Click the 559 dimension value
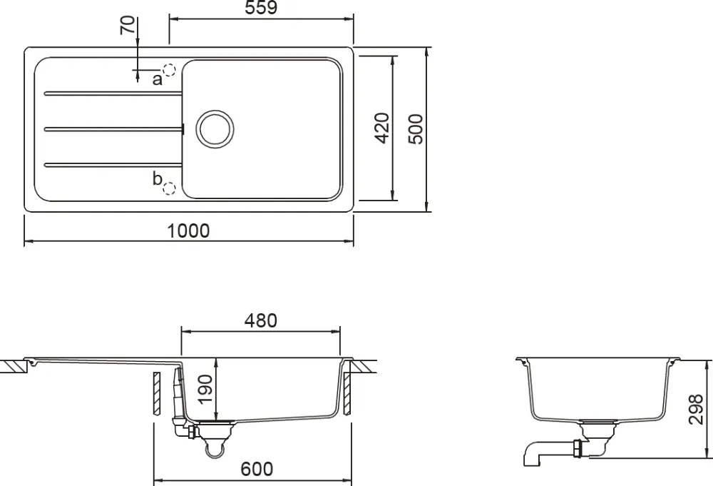(260, 9)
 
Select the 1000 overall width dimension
(189, 231)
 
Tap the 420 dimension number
(381, 128)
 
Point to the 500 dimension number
(416, 128)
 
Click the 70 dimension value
(128, 26)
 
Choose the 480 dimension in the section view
(260, 320)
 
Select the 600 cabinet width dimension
(256, 469)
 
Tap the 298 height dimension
(697, 407)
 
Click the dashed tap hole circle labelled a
(169, 71)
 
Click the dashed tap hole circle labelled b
(169, 188)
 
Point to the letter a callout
(157, 79)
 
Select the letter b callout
(157, 179)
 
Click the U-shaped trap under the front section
(214, 448)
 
